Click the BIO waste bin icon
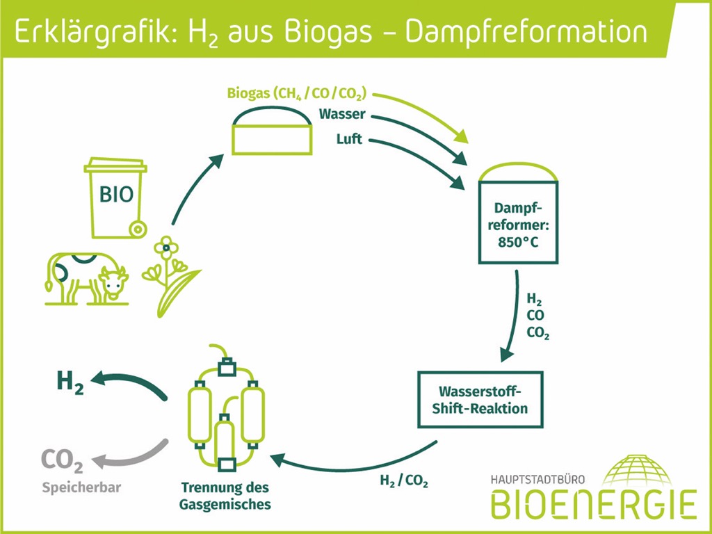(x=115, y=199)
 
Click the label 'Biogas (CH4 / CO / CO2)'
(x=296, y=93)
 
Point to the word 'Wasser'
(x=342, y=114)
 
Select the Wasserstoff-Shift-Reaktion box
(x=479, y=400)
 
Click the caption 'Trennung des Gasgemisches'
(x=225, y=495)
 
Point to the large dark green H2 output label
(x=70, y=382)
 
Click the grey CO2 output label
(x=63, y=460)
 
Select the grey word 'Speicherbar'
(x=81, y=487)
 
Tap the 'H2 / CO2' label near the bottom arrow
(x=404, y=480)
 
